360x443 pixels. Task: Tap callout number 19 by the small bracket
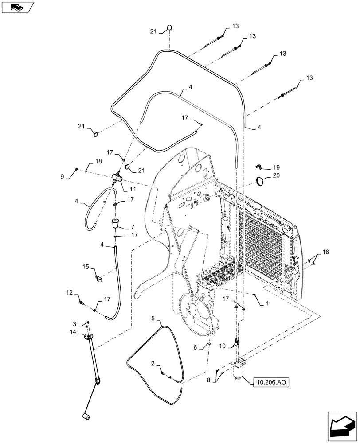click(277, 167)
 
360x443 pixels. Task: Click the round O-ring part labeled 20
click(263, 181)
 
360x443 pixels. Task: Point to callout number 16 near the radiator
click(325, 252)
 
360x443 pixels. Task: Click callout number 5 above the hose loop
click(153, 318)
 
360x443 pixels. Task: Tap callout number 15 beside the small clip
click(86, 267)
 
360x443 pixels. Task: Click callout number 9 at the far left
click(69, 176)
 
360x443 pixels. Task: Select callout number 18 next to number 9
click(98, 163)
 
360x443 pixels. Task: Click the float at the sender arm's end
click(85, 416)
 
